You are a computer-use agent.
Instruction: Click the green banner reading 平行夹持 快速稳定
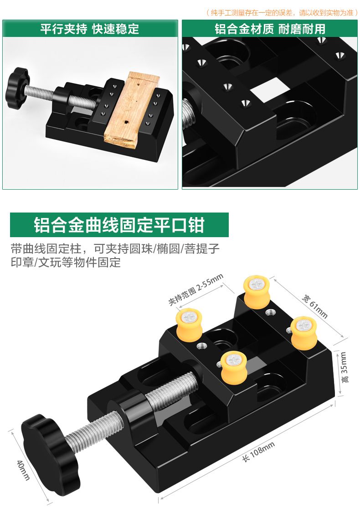90,29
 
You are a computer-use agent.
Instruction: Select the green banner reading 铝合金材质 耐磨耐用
270,29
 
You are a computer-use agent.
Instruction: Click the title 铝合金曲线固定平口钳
119,225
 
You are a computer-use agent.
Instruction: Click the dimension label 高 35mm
344,367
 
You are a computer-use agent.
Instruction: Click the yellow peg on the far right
303,332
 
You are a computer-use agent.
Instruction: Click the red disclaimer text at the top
282,13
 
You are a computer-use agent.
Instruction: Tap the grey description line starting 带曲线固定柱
115,249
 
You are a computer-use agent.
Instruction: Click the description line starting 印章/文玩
66,263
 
